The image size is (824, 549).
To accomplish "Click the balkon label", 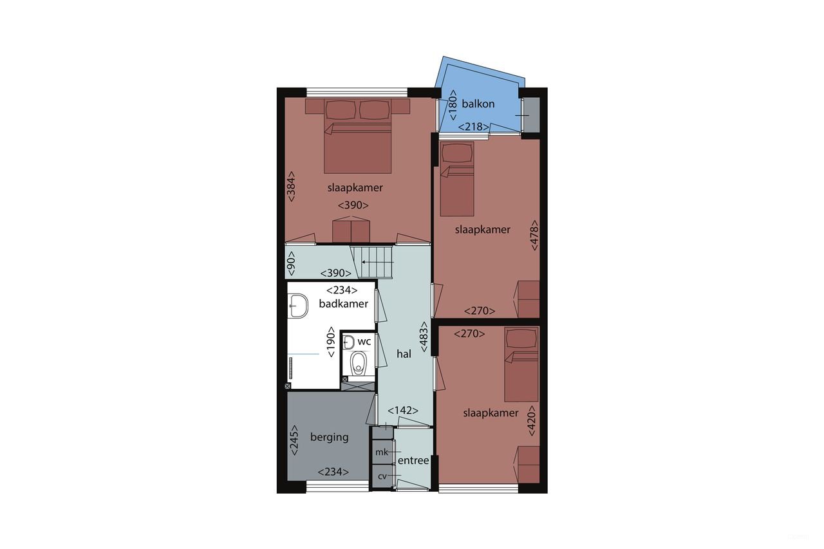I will [x=478, y=104].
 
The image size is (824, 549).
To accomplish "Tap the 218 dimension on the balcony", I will [x=474, y=127].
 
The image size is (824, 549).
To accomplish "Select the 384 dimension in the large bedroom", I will [x=292, y=187].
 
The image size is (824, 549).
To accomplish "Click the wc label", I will [x=364, y=341].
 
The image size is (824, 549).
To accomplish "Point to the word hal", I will [x=404, y=354].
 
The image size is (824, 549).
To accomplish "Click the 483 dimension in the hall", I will [x=424, y=337].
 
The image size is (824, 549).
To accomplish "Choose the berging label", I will [x=329, y=437].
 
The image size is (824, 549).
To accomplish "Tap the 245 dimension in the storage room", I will [x=294, y=440].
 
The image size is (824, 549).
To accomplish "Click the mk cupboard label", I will [x=382, y=452].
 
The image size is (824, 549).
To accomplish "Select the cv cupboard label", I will [x=382, y=476].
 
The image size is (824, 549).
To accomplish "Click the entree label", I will [x=413, y=461].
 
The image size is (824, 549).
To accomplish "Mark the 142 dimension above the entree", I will [x=403, y=411].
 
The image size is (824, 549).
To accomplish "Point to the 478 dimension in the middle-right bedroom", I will [x=533, y=236].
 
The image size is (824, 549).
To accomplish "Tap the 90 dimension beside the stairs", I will [x=292, y=262].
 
